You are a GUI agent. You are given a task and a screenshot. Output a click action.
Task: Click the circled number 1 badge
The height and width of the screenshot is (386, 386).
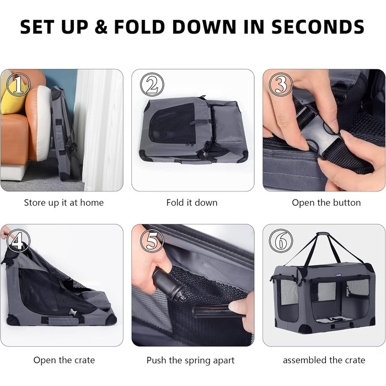[x=18, y=84]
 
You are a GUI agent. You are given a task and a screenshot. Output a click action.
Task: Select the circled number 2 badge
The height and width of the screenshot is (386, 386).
[x=152, y=84]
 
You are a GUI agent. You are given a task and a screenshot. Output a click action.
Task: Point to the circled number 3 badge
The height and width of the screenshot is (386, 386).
[x=281, y=84]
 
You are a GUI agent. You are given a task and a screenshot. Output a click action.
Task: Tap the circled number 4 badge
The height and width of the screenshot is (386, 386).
[x=18, y=241]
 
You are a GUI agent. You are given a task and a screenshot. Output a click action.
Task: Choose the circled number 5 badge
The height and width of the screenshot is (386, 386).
[x=152, y=241]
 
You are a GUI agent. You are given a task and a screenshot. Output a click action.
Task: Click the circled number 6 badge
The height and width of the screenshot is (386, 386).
[x=281, y=241]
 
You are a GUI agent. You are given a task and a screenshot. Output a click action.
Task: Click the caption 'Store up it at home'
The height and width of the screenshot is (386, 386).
[x=64, y=202]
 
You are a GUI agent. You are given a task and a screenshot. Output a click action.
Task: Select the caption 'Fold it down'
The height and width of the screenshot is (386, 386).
[x=192, y=202]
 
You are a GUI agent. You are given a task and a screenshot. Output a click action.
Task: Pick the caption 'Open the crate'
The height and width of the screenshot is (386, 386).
[x=64, y=360]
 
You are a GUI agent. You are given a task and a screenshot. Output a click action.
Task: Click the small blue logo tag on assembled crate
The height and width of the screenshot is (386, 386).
[x=337, y=275]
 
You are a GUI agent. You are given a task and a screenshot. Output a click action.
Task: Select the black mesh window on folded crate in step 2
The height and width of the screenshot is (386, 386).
[x=173, y=123]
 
